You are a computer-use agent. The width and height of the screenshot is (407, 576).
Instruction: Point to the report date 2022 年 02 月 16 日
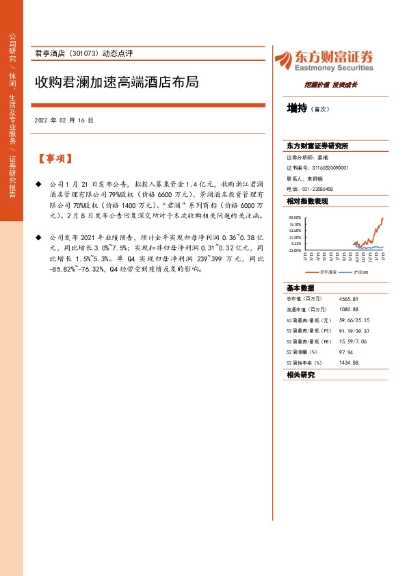pos(64,120)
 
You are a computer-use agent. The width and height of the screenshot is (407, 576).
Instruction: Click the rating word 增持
pos(297,108)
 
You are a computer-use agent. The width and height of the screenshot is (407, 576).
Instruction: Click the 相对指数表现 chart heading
pos(307,201)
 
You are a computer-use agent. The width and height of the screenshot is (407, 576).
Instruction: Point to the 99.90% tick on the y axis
pos(296,218)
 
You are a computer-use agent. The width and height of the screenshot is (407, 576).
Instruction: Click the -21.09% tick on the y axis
pos(296,250)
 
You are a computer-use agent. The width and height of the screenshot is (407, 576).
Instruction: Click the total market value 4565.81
pos(349,299)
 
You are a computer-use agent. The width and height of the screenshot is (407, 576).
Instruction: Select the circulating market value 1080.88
pos(349,309)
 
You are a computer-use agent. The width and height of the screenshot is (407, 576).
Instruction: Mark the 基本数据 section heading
pos(300,287)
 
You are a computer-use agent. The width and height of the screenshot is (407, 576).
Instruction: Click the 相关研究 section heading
pos(300,375)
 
